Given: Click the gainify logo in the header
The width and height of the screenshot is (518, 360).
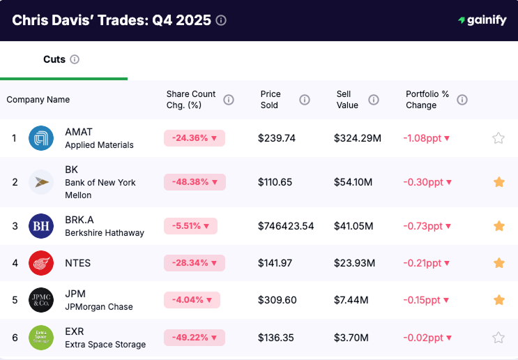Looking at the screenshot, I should tap(482, 20).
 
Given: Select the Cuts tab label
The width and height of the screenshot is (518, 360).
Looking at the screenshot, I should tap(54, 59).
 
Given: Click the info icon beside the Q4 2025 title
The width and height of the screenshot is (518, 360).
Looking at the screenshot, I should tap(221, 20).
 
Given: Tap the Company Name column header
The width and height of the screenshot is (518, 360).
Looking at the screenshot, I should tap(38, 100).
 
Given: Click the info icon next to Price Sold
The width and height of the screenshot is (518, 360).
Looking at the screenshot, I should tap(305, 100).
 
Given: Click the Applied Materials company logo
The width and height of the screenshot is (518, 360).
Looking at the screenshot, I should tap(41, 138).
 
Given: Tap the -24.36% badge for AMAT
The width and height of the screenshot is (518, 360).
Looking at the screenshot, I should tap(195, 138).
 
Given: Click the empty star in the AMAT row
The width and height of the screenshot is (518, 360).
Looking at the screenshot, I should tap(498, 138).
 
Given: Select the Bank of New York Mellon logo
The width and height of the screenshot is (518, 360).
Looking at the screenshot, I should tap(41, 182).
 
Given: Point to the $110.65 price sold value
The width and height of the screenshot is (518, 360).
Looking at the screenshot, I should tap(275, 182).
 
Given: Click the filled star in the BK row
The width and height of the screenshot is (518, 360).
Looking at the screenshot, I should tap(498, 182).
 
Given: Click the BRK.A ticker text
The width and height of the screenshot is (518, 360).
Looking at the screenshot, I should tap(80, 220).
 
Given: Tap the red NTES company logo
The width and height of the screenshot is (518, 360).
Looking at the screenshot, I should tap(41, 263).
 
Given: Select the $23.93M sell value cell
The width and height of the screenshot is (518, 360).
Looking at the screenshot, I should tap(355, 263).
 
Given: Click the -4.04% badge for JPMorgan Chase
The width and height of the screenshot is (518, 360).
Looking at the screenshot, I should tap(192, 300).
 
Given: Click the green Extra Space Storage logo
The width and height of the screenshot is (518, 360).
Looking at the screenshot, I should tap(41, 338).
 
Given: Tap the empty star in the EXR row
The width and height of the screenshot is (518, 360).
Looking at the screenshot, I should tap(498, 338).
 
